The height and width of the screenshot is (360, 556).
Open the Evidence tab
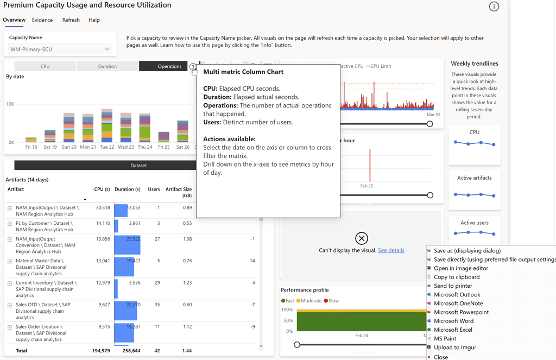pos(42,20)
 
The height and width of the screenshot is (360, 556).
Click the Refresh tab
pos(71,20)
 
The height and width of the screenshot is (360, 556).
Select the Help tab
pos(94,20)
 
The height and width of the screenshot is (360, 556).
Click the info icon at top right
pos(494,7)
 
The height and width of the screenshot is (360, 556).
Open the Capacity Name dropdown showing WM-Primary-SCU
pos(60,49)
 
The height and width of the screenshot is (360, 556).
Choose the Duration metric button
pos(108,66)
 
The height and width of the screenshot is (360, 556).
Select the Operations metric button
pos(169,66)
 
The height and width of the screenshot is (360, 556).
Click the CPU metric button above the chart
pos(45,66)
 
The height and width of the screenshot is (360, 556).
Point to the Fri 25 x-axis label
pos(163,147)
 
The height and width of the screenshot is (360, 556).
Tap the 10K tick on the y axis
pos(10,104)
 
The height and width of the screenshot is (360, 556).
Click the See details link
pos(391,250)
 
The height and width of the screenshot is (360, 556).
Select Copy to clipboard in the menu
pos(456,277)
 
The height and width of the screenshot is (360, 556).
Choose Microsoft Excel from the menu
pos(453,330)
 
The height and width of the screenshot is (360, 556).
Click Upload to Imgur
pos(454,348)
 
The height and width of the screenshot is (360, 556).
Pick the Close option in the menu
pos(440,357)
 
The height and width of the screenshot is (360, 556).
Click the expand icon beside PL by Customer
pos(10,224)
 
